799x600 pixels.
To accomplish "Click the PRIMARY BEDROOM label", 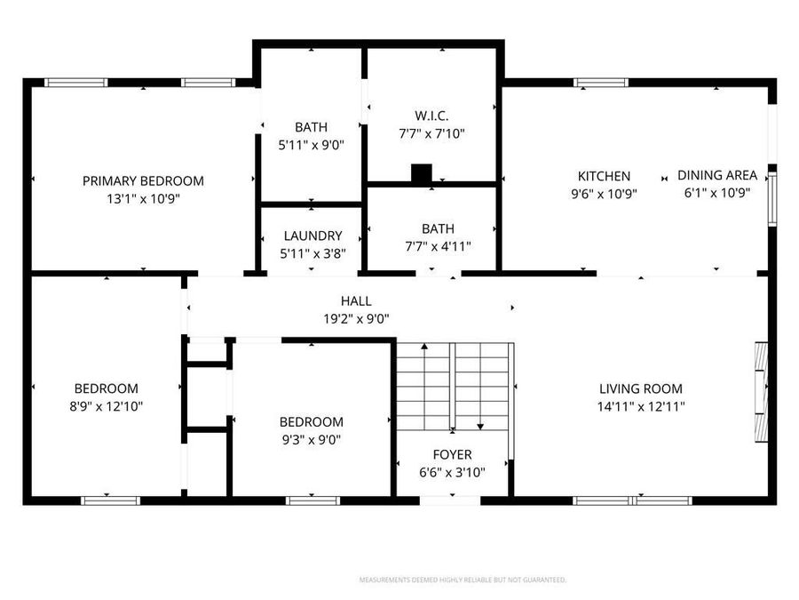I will pyautogui.click(x=143, y=180).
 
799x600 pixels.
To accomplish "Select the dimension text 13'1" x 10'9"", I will pyautogui.click(x=143, y=199).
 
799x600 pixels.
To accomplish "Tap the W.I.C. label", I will pyautogui.click(x=431, y=116).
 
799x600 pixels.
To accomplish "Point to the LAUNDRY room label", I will pyautogui.click(x=312, y=236).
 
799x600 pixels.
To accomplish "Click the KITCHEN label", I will pyautogui.click(x=604, y=176).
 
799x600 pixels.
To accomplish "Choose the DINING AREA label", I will pyautogui.click(x=717, y=175).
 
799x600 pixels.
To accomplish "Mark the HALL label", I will pyautogui.click(x=356, y=300).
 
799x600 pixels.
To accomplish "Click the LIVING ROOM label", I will pyautogui.click(x=640, y=388).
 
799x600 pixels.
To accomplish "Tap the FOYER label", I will pyautogui.click(x=452, y=454).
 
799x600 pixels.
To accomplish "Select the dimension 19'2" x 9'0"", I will pyautogui.click(x=356, y=318).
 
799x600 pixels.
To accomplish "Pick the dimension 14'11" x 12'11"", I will pyautogui.click(x=640, y=406).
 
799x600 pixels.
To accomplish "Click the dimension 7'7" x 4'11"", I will pyautogui.click(x=431, y=247).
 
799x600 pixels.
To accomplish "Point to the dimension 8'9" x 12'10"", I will pyautogui.click(x=106, y=405).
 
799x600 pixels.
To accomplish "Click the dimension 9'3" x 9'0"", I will pyautogui.click(x=311, y=439).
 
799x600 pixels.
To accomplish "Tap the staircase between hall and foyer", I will pyautogui.click(x=454, y=387).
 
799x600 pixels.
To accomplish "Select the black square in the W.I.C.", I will pyautogui.click(x=422, y=174).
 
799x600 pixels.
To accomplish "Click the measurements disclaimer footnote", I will pyautogui.click(x=463, y=580).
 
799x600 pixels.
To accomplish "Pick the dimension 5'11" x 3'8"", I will pyautogui.click(x=312, y=253).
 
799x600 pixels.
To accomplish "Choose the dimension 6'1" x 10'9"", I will pyautogui.click(x=717, y=193).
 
